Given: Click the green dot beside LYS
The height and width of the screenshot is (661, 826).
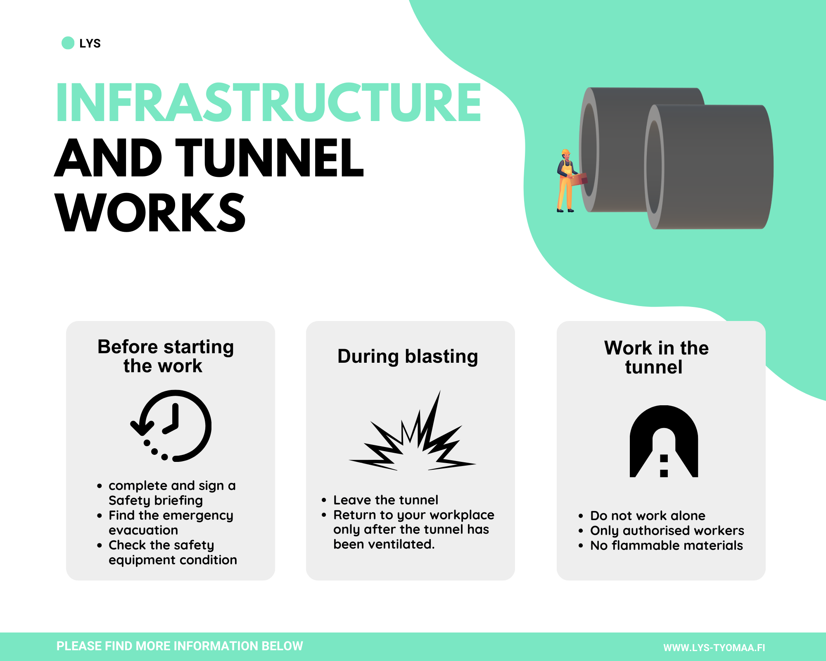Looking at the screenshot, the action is tap(68, 43).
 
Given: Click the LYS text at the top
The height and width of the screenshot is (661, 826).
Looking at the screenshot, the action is tap(90, 43).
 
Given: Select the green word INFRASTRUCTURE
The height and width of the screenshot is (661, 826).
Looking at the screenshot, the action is tap(269, 102).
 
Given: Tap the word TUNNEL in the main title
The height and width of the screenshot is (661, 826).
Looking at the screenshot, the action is tap(270, 157).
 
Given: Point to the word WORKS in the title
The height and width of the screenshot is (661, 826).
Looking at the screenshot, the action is tap(150, 212).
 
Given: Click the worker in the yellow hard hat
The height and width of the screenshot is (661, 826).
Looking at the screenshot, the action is tap(567, 181).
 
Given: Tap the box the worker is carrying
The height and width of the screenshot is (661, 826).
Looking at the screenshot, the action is tap(579, 180).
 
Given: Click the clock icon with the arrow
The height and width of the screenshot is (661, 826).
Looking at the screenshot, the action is tap(171, 426).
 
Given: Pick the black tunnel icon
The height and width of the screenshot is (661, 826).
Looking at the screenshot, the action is tap(664, 441).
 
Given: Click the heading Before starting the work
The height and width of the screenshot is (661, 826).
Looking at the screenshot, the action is tap(165, 356).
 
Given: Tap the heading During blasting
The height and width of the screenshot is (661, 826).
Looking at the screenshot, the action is tap(408, 357).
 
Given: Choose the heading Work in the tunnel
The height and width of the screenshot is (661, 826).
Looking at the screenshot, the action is tap(656, 357).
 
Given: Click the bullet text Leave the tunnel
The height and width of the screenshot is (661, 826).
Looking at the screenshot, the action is tap(386, 500).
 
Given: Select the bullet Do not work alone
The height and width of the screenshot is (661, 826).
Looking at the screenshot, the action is tap(648, 516).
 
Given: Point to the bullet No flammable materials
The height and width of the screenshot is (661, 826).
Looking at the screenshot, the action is tap(666, 545).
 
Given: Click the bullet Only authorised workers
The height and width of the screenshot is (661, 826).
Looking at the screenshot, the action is tap(667, 530).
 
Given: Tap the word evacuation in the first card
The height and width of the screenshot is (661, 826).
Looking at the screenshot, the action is tap(143, 530).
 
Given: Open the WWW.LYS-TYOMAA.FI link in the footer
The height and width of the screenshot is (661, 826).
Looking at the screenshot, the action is tap(714, 647).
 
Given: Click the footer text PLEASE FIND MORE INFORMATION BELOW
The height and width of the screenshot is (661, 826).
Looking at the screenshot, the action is tap(180, 646).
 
